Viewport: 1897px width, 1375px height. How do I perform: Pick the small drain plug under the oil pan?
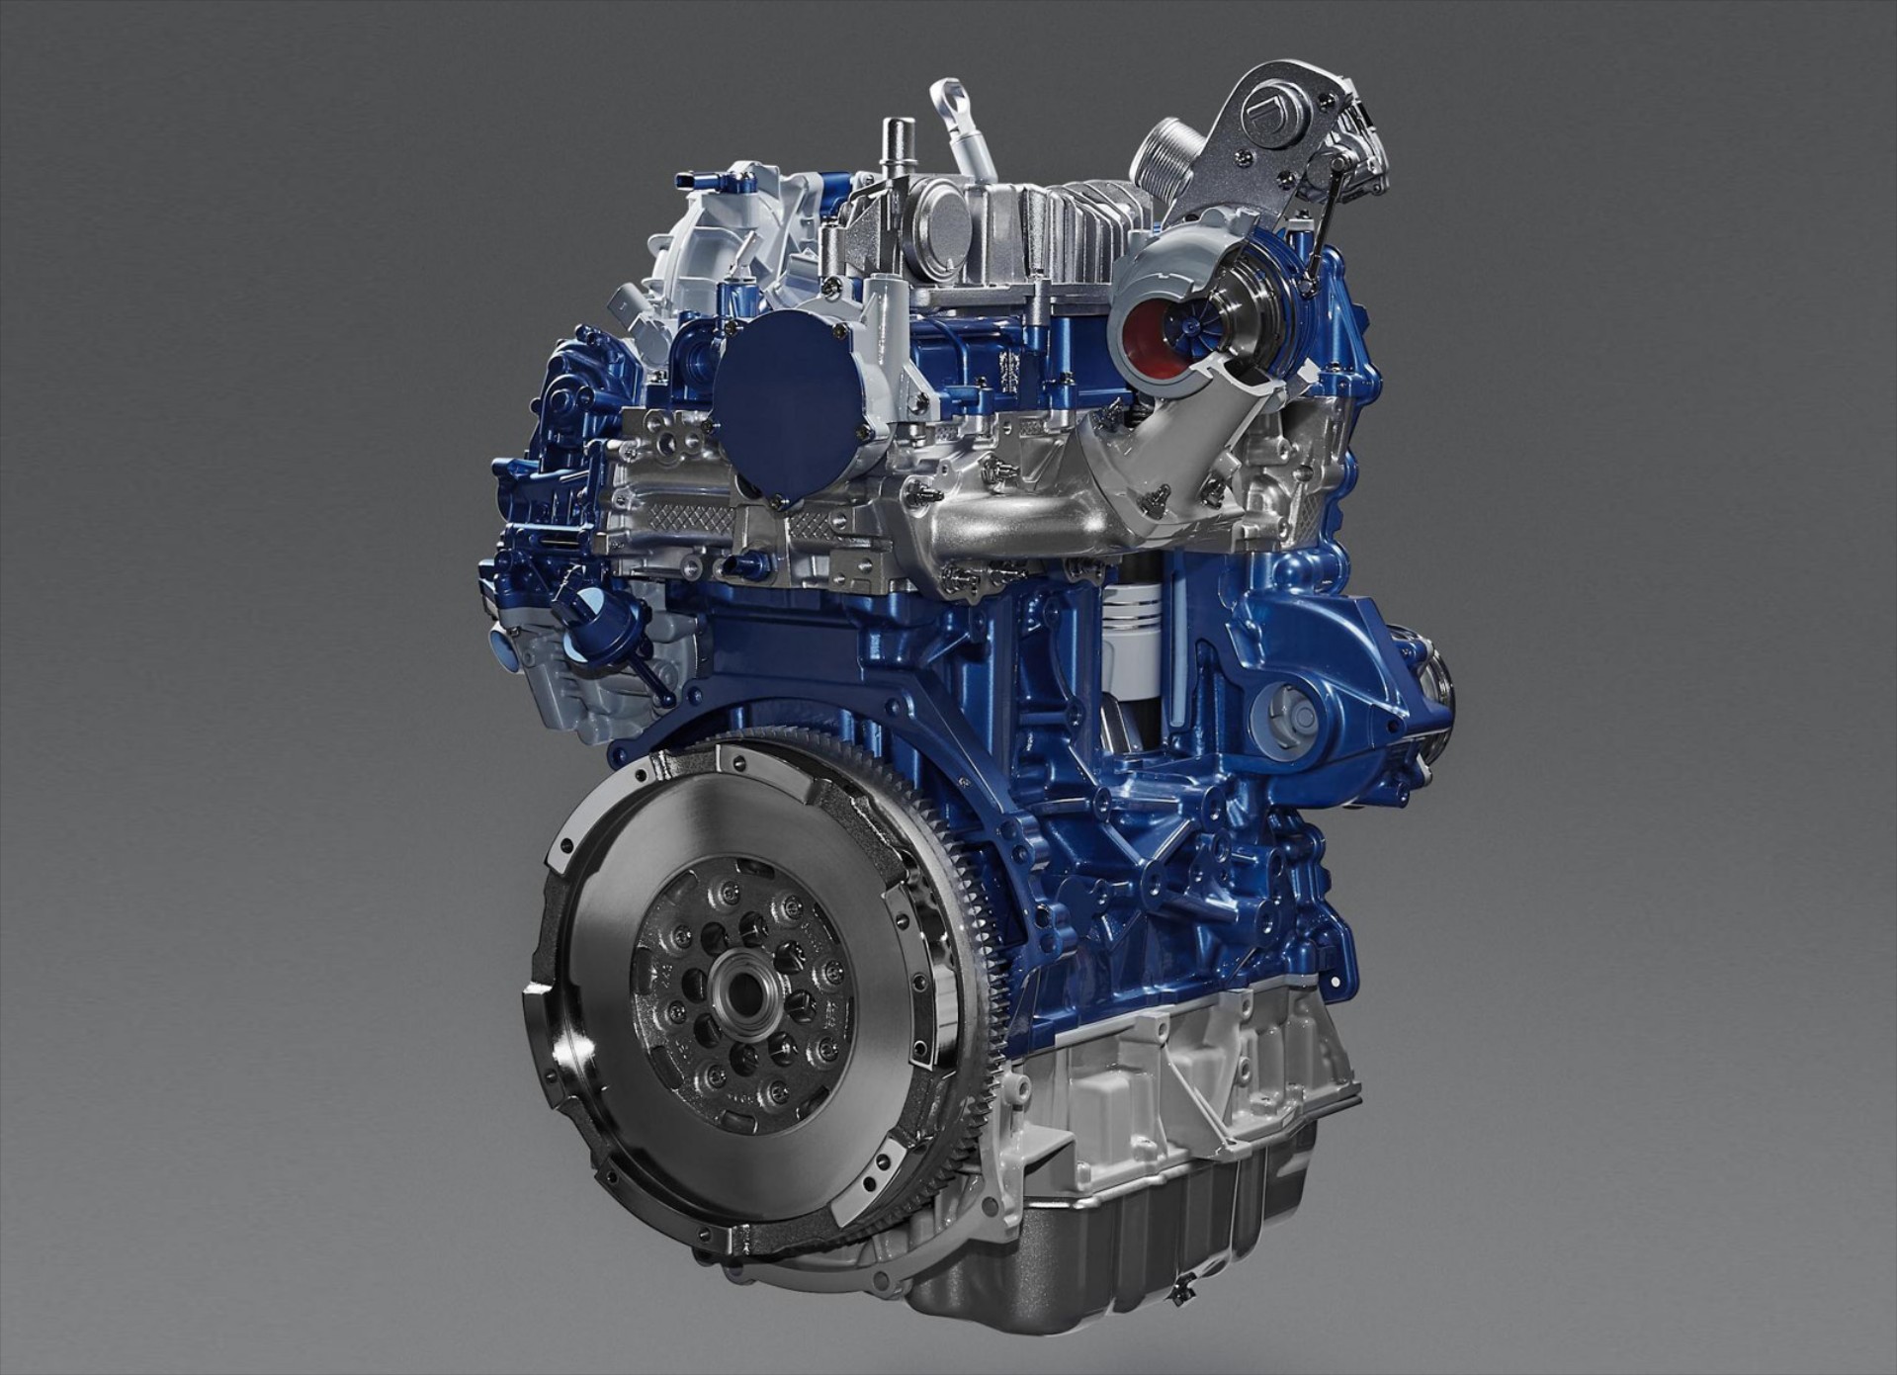click(1177, 1291)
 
